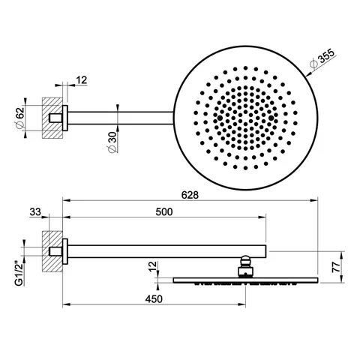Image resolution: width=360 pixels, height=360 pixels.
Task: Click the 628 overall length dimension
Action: (x=190, y=195)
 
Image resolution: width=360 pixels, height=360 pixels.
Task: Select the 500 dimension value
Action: (x=164, y=212)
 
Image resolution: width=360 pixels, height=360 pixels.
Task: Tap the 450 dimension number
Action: (x=154, y=299)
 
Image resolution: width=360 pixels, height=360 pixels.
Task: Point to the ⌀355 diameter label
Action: (x=322, y=58)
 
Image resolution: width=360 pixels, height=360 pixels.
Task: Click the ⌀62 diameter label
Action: (x=19, y=117)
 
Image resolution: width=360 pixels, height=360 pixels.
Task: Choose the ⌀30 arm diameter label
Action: (x=112, y=142)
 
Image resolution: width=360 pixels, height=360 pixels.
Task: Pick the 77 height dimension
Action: (x=337, y=267)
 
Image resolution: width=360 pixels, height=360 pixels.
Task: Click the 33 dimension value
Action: (x=35, y=212)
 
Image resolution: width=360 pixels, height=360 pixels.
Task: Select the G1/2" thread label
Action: (x=19, y=274)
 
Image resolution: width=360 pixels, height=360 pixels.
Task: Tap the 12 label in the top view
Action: (x=82, y=80)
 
